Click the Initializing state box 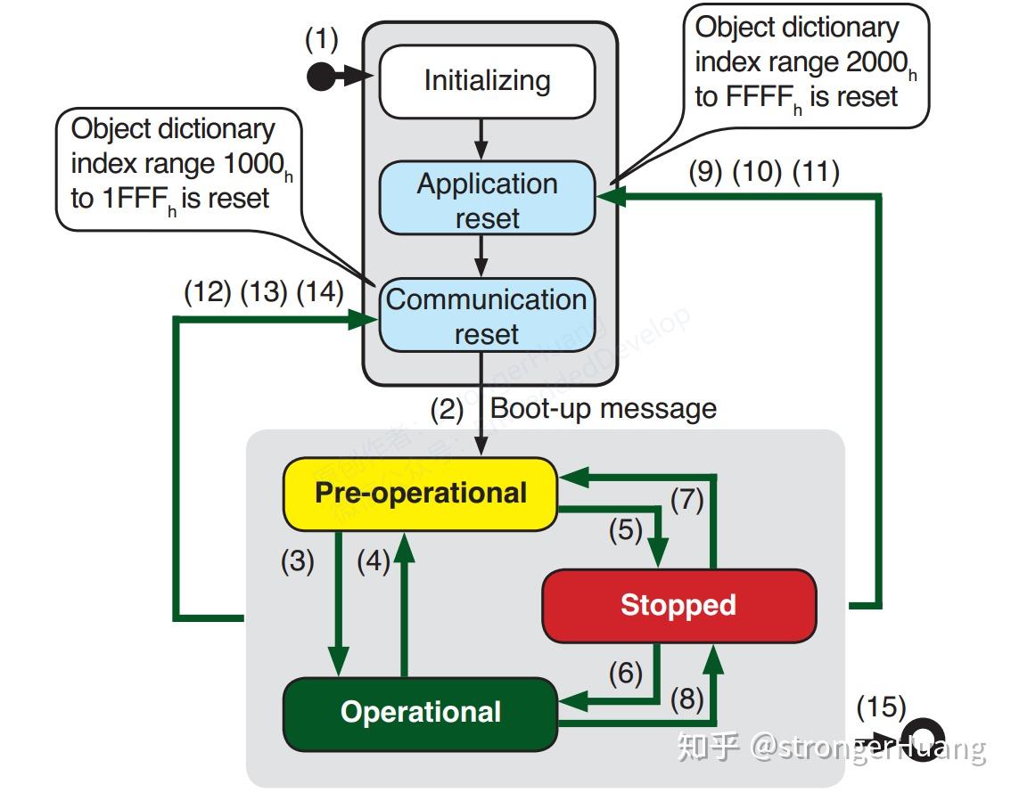pos(487,81)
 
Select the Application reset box pos(487,200)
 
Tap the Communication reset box pos(487,316)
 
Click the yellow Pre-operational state pos(420,494)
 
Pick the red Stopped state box pos(678,606)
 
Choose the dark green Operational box pos(420,713)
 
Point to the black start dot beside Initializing pos(320,78)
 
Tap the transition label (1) pos(322,40)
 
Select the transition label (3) pos(298,562)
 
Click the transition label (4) pos(374,562)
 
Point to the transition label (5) pos(626,530)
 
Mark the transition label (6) pos(625,673)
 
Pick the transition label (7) pos(686,500)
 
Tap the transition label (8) pos(686,699)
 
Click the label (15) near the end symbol pos(881,707)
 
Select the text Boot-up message pos(604,409)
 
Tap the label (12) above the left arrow pos(207,292)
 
